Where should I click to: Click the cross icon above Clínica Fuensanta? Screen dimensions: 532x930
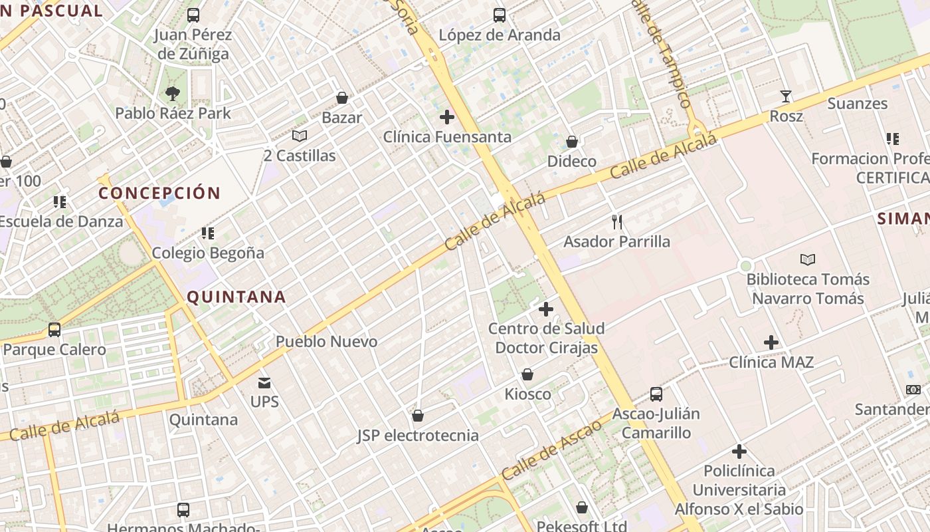click(x=447, y=117)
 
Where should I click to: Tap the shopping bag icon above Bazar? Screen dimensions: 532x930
click(x=342, y=98)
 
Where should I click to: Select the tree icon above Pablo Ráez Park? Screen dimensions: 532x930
click(x=173, y=94)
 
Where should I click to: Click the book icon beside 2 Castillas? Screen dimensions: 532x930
click(x=300, y=136)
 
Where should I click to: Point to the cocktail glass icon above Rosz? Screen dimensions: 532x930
click(x=786, y=96)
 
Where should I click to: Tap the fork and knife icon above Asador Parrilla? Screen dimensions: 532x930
click(x=617, y=221)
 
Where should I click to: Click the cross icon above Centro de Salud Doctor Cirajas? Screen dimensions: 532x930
click(x=545, y=309)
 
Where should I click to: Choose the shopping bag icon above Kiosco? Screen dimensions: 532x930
click(x=527, y=374)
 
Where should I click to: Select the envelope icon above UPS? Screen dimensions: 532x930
click(x=264, y=382)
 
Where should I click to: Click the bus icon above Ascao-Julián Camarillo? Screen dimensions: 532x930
click(x=656, y=394)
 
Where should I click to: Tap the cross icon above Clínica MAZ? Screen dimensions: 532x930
click(x=771, y=342)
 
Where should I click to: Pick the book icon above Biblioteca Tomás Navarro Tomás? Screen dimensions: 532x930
click(x=808, y=259)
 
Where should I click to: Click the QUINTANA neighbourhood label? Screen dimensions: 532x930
click(x=236, y=297)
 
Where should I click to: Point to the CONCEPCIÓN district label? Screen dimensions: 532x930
click(x=159, y=193)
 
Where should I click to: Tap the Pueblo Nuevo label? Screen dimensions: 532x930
click(x=326, y=342)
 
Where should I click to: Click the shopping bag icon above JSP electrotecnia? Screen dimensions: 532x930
click(x=418, y=416)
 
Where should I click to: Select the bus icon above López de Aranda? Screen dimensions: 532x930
click(x=500, y=15)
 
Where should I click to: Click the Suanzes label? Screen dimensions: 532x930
click(x=857, y=104)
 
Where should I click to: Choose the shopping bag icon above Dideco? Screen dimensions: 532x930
click(x=571, y=142)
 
